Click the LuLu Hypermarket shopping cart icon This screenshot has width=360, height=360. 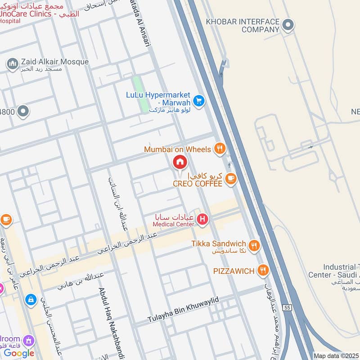(199, 101)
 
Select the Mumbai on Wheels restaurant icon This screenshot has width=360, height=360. (219, 148)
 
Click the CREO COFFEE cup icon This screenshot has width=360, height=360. (230, 179)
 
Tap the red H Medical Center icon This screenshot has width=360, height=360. (203, 219)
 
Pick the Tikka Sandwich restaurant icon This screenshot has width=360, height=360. (254, 245)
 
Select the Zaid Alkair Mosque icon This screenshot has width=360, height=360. (12, 63)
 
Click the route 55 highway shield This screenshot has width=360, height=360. (287, 307)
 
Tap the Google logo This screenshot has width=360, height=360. (19, 353)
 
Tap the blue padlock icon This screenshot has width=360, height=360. (31, 299)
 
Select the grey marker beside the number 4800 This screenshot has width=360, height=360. (22, 111)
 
